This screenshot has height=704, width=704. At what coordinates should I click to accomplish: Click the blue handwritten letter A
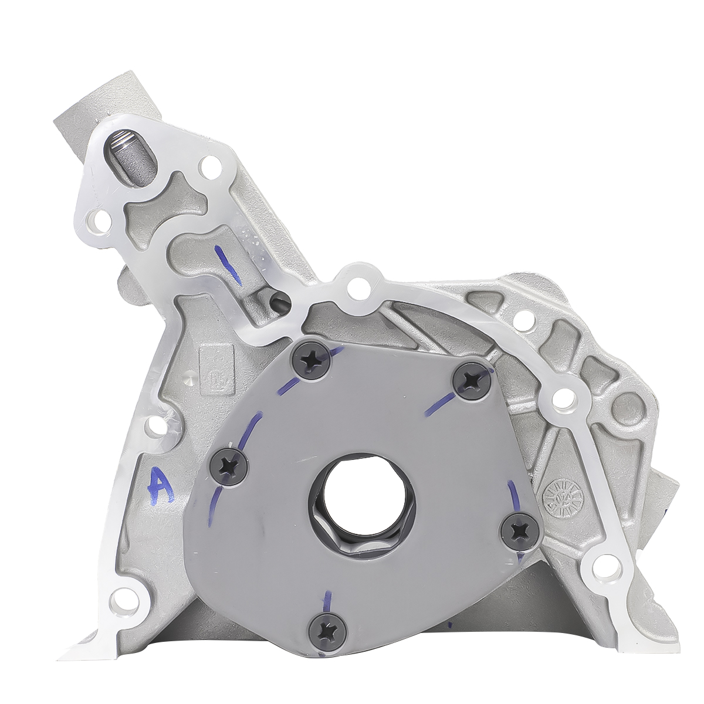160,486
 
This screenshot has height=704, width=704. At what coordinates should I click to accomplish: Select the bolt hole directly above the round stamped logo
567,401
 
